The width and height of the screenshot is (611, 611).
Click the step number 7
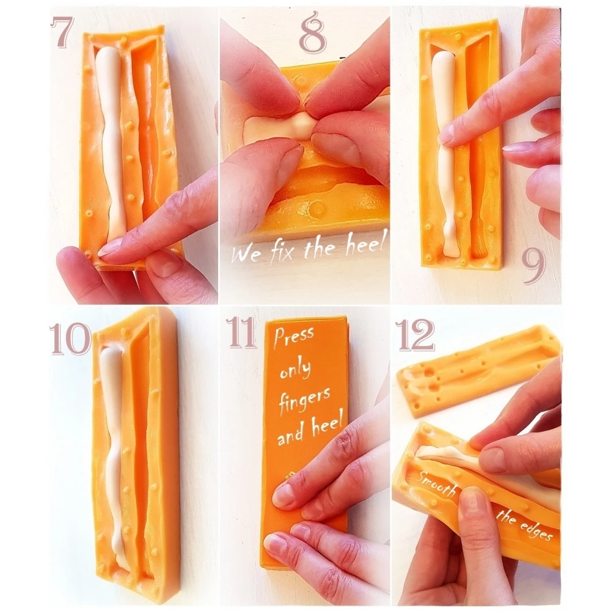(x=62, y=32)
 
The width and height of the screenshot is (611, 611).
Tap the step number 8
(x=313, y=32)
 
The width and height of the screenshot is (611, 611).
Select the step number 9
(x=533, y=263)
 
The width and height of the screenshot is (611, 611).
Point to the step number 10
(x=70, y=338)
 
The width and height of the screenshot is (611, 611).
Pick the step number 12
(x=415, y=334)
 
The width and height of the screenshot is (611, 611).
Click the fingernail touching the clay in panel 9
(x=447, y=136)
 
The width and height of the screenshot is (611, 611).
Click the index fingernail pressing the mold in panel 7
(x=109, y=248)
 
